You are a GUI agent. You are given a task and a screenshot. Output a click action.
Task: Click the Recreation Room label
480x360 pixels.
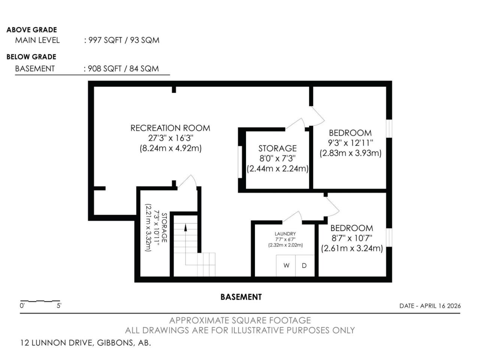(x=170, y=128)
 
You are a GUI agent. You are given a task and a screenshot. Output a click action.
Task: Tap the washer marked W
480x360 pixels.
(x=286, y=265)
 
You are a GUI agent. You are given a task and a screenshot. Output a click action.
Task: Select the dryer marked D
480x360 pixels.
(x=305, y=265)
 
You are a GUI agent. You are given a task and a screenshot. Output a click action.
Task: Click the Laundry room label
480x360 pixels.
(x=285, y=234)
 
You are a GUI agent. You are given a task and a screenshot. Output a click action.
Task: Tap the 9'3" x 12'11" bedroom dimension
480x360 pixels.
(x=350, y=143)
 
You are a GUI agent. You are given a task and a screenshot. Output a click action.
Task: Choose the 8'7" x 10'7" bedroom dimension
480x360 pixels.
(x=352, y=238)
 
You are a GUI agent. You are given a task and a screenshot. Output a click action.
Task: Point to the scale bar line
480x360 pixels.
(x=40, y=301)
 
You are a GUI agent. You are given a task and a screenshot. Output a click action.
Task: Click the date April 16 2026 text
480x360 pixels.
(x=430, y=306)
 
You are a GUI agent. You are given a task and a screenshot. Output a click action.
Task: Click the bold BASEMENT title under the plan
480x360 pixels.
(x=241, y=297)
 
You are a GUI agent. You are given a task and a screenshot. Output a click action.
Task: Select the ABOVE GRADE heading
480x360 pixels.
(x=32, y=30)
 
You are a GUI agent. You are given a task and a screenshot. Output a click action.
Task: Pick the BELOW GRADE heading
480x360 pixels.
(x=31, y=57)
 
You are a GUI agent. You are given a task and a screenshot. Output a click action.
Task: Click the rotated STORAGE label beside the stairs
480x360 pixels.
(x=164, y=228)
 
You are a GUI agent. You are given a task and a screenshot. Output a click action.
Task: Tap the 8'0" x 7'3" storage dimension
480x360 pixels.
(x=277, y=158)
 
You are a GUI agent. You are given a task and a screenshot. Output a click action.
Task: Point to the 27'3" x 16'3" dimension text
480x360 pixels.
(x=171, y=138)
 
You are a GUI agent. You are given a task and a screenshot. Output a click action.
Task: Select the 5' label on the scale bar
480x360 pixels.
(x=59, y=306)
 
